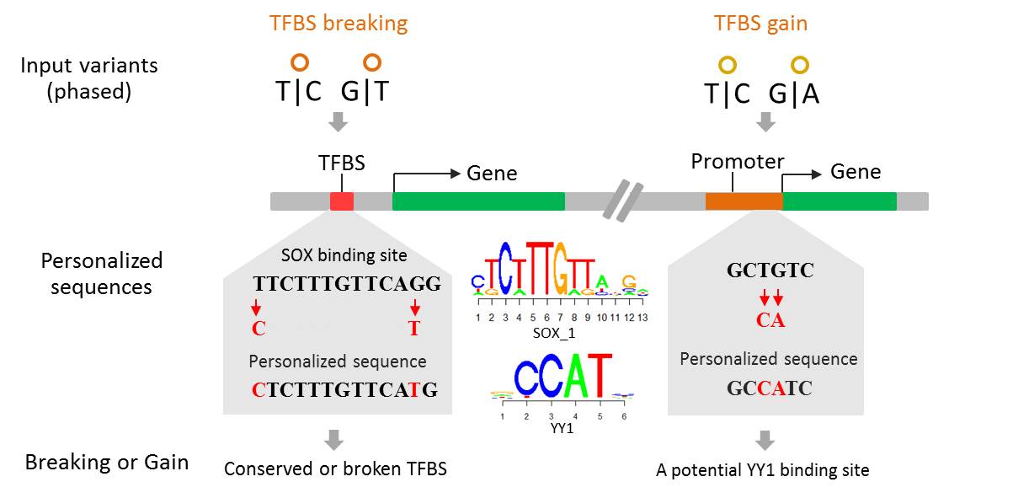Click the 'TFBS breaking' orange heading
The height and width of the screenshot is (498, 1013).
339,23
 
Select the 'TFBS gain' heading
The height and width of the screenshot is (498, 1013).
760,23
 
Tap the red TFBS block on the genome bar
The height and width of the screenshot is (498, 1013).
342,201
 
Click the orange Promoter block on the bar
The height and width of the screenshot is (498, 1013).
744,201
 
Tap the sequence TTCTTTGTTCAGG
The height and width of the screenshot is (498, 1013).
347,284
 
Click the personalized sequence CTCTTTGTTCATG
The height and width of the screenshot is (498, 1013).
346,389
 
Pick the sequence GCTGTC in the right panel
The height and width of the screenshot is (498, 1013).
770,271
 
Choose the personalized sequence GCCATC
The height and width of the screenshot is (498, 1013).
770,389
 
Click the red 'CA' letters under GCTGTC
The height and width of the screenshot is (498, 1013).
770,321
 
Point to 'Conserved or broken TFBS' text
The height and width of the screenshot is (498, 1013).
335,469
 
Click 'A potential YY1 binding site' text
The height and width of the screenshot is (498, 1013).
762,470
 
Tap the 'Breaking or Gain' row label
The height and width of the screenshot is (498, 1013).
106,463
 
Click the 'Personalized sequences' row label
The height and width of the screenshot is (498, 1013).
101,274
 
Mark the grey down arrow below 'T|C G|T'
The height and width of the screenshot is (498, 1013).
338,122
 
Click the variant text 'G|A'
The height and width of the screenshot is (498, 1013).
794,94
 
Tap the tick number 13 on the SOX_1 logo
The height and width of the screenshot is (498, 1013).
643,318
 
